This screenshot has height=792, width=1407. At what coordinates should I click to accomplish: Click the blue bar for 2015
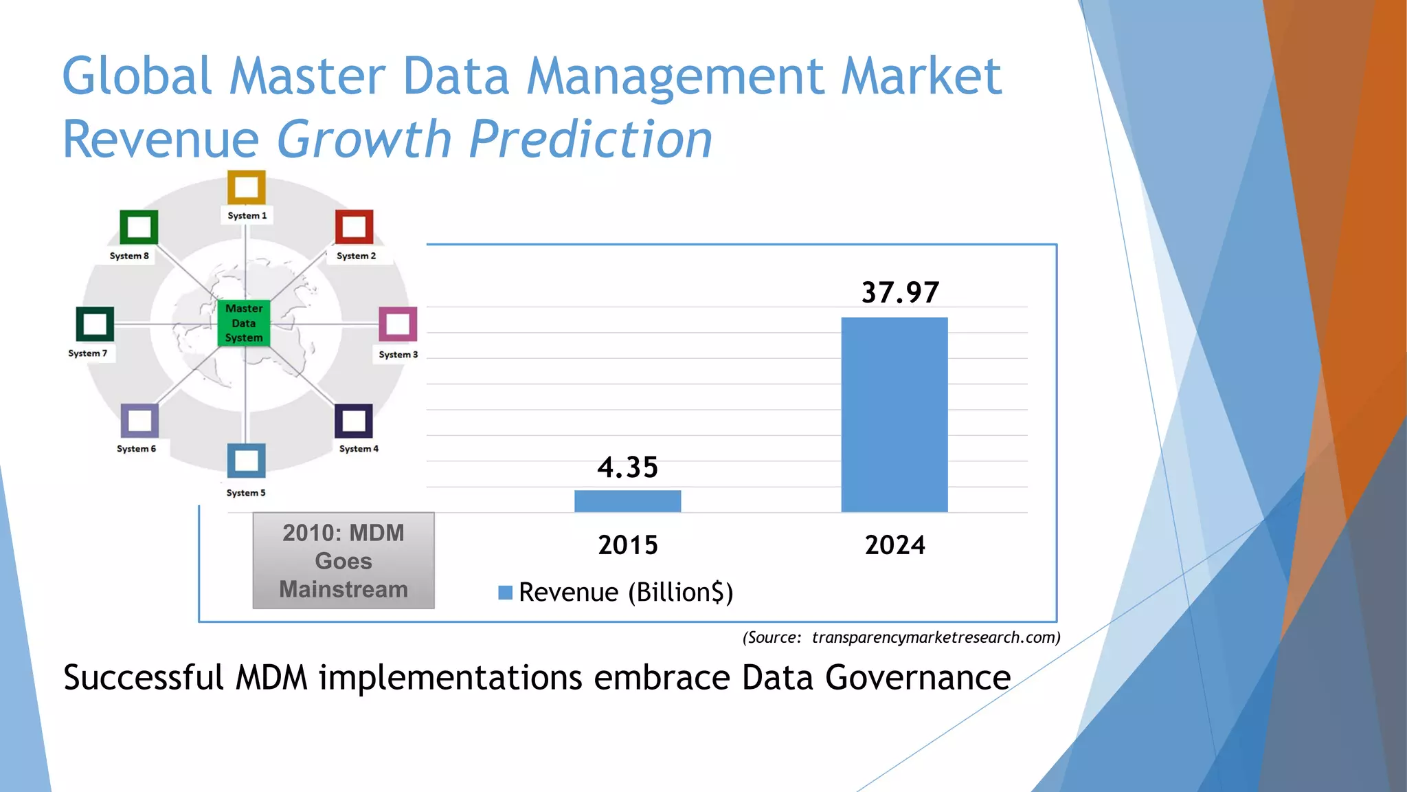click(627, 501)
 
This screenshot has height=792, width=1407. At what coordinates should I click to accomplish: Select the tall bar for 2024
click(894, 415)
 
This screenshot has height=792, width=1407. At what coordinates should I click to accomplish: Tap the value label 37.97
click(899, 292)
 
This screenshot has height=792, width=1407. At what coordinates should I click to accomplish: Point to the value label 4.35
click(627, 467)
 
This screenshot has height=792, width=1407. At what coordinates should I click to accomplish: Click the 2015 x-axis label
click(627, 545)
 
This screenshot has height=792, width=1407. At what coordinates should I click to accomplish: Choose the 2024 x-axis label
click(894, 545)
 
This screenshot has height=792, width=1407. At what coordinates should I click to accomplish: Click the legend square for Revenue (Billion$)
click(505, 593)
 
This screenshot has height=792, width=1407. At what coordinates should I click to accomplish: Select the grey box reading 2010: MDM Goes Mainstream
click(344, 560)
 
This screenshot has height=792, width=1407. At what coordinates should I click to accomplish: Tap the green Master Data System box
click(244, 323)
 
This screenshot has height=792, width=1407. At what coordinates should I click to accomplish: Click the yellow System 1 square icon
click(246, 187)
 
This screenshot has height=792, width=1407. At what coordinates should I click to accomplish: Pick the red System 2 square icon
click(354, 227)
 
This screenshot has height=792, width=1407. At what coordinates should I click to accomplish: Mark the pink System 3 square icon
click(398, 324)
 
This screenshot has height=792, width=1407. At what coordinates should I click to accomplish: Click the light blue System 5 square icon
click(246, 461)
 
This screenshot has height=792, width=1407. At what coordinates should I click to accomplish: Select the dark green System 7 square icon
click(95, 324)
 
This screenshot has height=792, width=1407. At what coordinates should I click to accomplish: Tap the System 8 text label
click(129, 256)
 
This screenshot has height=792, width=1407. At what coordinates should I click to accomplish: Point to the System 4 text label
click(359, 449)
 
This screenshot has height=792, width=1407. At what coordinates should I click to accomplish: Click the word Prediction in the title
click(591, 140)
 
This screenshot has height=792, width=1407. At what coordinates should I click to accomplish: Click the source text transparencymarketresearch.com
click(935, 637)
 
